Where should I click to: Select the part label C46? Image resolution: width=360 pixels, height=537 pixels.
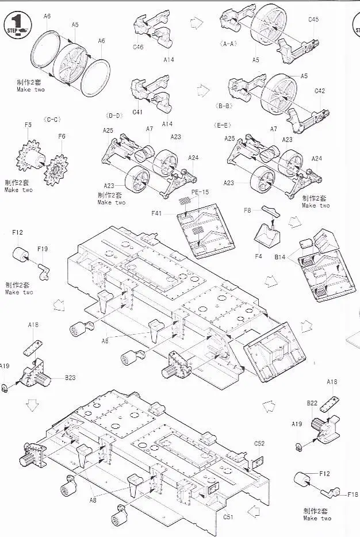pyautogui.click(x=138, y=48)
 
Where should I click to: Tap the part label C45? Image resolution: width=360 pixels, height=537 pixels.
pyautogui.click(x=313, y=20)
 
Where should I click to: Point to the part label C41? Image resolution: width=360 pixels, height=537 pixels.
pyautogui.click(x=137, y=112)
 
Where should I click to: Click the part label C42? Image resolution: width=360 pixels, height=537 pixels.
pyautogui.click(x=320, y=91)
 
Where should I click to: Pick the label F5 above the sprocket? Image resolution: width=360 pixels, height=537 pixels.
pyautogui.click(x=28, y=125)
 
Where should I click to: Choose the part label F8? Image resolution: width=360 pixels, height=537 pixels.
pyautogui.click(x=247, y=211)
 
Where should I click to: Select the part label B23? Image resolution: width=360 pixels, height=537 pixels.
pyautogui.click(x=70, y=378)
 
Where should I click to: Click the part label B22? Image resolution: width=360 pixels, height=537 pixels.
pyautogui.click(x=312, y=403)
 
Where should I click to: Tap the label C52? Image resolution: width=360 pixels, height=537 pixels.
pyautogui.click(x=259, y=443)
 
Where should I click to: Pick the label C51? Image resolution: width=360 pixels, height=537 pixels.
pyautogui.click(x=228, y=516)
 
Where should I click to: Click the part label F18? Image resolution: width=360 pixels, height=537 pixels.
pyautogui.click(x=353, y=494)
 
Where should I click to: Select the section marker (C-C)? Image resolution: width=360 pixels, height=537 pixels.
pyautogui.click(x=52, y=120)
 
